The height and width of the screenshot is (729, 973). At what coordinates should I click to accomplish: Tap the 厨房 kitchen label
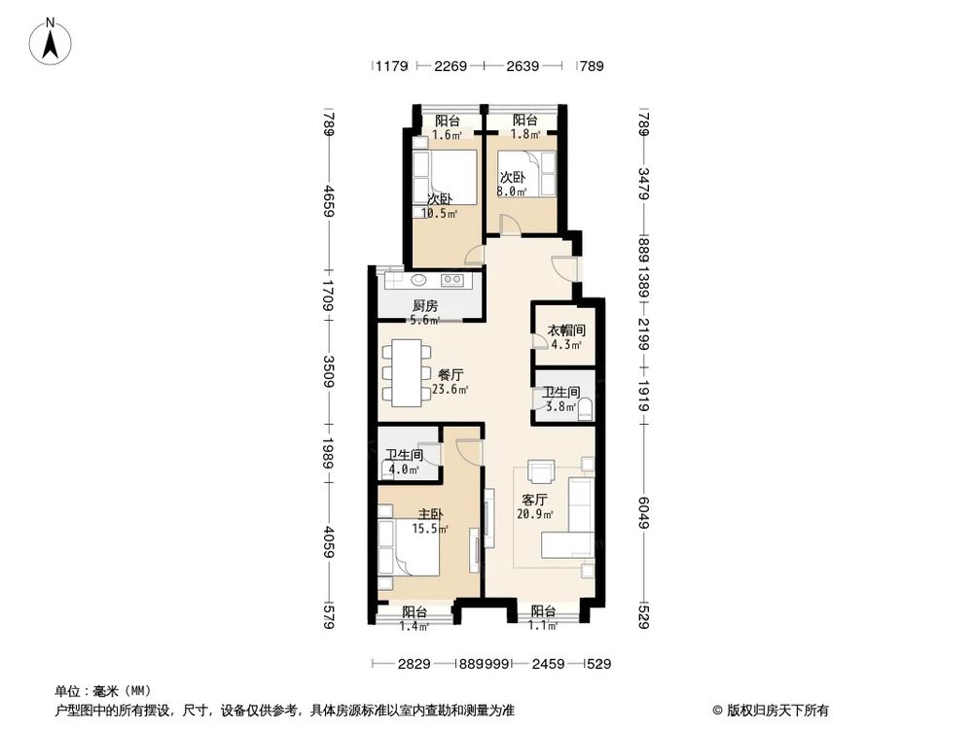[x=424, y=305]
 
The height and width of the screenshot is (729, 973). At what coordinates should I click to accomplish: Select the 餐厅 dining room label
[x=450, y=374]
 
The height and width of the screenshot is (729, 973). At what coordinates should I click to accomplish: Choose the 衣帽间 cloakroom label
[x=566, y=330]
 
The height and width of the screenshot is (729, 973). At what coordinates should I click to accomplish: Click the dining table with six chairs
[x=408, y=370]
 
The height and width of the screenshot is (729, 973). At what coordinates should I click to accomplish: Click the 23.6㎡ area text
[x=450, y=390]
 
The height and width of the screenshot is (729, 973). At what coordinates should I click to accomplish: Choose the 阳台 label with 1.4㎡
[x=414, y=612]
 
